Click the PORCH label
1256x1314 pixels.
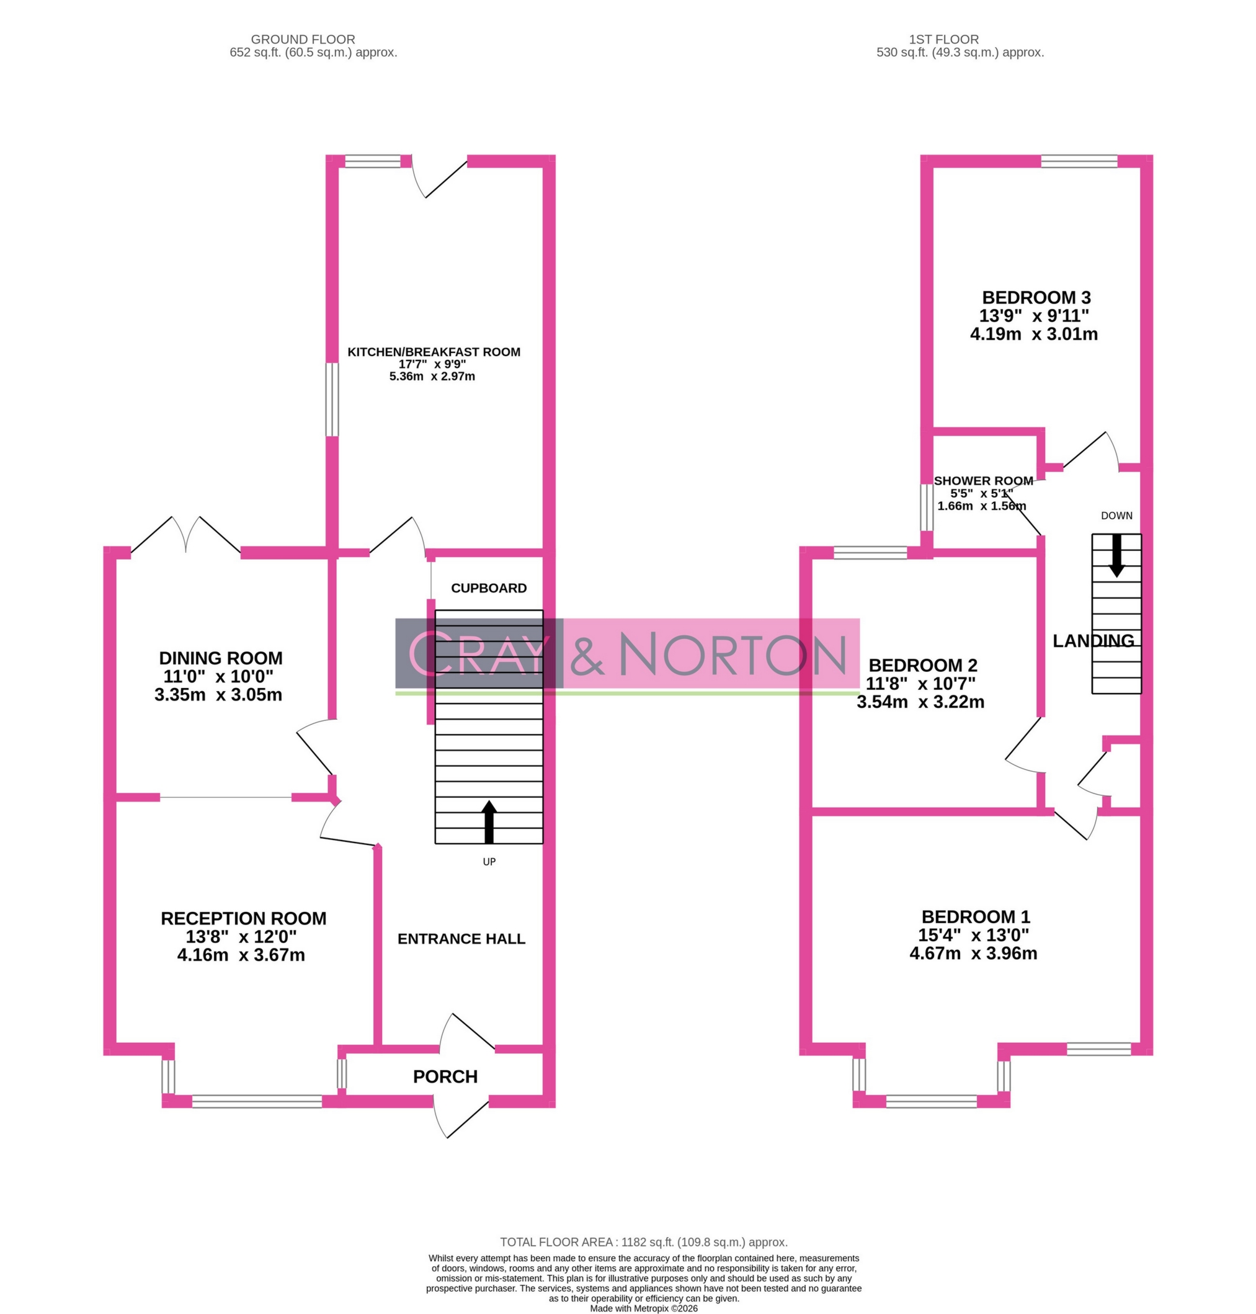[445, 1076]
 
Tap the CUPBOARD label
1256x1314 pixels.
[489, 588]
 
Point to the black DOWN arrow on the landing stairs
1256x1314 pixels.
[1116, 555]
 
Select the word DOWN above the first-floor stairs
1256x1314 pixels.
[1116, 516]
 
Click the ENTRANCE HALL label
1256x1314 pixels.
[461, 939]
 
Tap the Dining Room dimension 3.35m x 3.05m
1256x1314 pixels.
[218, 695]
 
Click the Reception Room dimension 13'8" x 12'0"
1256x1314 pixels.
[241, 937]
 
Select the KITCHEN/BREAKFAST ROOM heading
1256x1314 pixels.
[434, 352]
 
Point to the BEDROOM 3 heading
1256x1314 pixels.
[1036, 297]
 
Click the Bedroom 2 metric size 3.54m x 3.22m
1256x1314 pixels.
[920, 702]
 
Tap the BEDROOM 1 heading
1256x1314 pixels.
[976, 917]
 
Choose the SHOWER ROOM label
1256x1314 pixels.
[983, 481]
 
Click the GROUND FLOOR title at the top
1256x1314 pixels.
[303, 40]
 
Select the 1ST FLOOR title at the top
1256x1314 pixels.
[943, 40]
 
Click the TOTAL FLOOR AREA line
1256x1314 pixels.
[643, 1242]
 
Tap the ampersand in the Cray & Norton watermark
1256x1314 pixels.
[587, 655]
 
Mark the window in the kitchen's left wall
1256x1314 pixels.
[332, 400]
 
